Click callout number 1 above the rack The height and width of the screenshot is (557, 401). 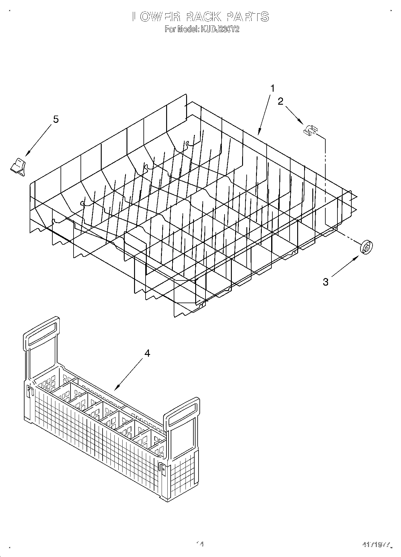point(273,89)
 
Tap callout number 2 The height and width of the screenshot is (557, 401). point(281,101)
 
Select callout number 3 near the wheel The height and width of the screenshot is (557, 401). point(325,282)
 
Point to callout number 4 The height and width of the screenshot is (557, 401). point(147,353)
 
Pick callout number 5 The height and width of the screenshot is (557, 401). point(56,119)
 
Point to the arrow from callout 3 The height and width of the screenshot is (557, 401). point(345,266)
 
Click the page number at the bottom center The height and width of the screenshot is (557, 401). point(199,544)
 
